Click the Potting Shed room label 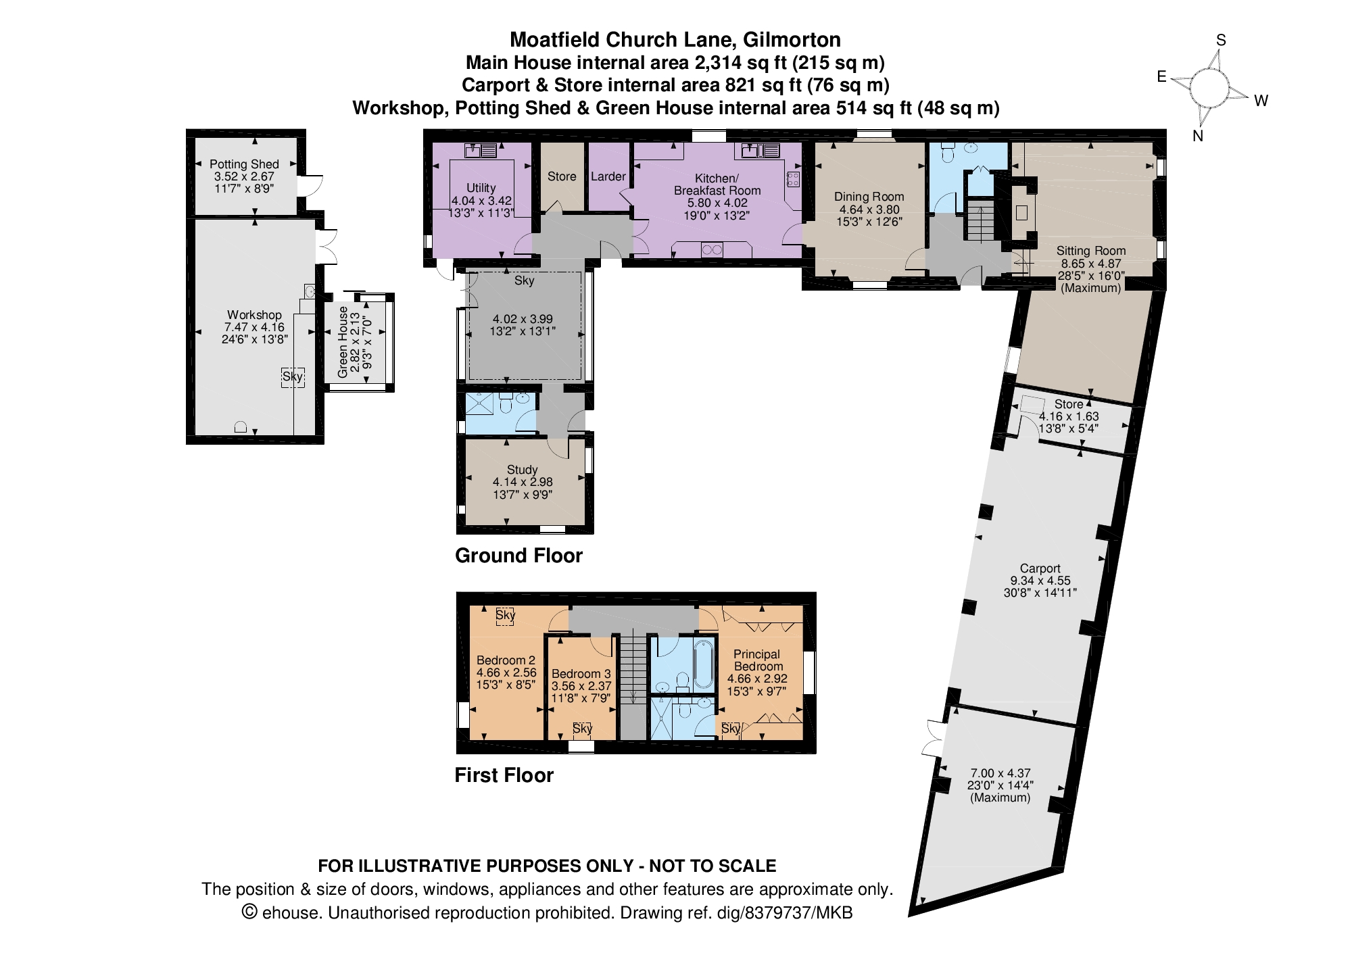pyautogui.click(x=244, y=164)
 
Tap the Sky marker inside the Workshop pyautogui.click(x=293, y=376)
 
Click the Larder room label pyautogui.click(x=608, y=176)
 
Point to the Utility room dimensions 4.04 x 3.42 pyautogui.click(x=481, y=201)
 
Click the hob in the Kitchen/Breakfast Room pyautogui.click(x=793, y=179)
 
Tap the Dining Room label pyautogui.click(x=869, y=197)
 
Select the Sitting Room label pyautogui.click(x=1091, y=251)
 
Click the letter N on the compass pyautogui.click(x=1198, y=136)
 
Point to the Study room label pyautogui.click(x=522, y=470)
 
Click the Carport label pyautogui.click(x=1040, y=568)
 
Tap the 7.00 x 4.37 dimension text pyautogui.click(x=1000, y=773)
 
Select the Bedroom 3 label pyautogui.click(x=581, y=674)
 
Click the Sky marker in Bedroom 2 pyautogui.click(x=505, y=615)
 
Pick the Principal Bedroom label pyautogui.click(x=756, y=660)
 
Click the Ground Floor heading pyautogui.click(x=518, y=556)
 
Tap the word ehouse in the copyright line pyautogui.click(x=291, y=913)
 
